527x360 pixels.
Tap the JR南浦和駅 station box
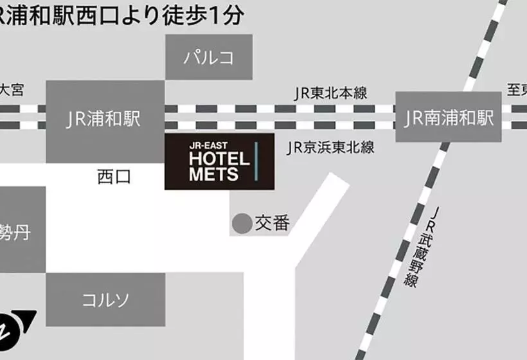click(x=448, y=117)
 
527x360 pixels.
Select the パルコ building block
click(x=209, y=57)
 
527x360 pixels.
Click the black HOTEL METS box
click(x=219, y=161)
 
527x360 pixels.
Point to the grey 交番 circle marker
click(x=242, y=224)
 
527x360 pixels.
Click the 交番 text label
click(x=272, y=223)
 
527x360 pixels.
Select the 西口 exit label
click(x=114, y=176)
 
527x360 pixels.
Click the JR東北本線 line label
click(x=330, y=93)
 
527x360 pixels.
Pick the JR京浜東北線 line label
click(x=330, y=148)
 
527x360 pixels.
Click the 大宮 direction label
click(x=11, y=89)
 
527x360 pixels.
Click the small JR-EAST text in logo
click(x=204, y=145)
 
